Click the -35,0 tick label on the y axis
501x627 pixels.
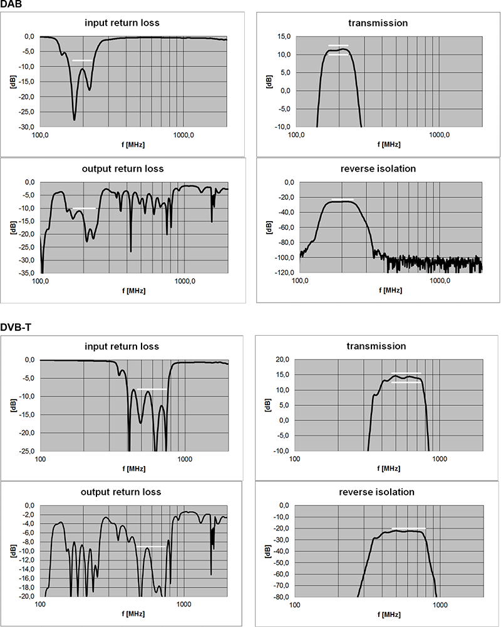pyautogui.click(x=29, y=273)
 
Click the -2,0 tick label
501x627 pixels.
pyautogui.click(x=29, y=515)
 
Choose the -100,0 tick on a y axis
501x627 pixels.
pyautogui.click(x=286, y=257)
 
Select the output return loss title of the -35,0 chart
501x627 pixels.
pyautogui.click(x=122, y=168)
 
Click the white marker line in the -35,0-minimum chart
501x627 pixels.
pyautogui.click(x=84, y=208)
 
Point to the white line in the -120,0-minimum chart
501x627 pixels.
pyautogui.click(x=342, y=199)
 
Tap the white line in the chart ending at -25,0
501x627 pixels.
pyautogui.click(x=151, y=390)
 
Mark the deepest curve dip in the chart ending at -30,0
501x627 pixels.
pyautogui.click(x=75, y=119)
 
